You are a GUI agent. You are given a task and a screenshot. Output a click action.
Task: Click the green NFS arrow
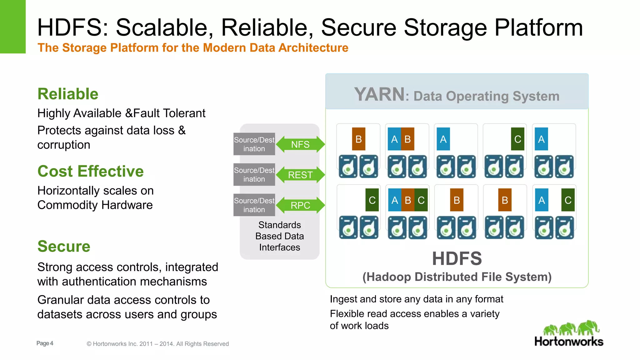[300, 144]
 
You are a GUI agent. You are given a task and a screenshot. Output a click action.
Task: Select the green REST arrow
[300, 175]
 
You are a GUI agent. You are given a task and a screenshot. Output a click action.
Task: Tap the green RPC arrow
[300, 205]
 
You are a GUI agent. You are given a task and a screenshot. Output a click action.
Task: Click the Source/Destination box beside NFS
[254, 144]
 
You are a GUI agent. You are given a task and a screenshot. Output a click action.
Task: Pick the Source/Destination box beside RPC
[254, 205]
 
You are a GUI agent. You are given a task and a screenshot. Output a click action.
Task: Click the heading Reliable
[68, 94]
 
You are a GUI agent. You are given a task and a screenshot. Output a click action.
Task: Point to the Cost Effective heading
[90, 171]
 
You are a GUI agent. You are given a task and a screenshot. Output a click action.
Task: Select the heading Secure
[64, 246]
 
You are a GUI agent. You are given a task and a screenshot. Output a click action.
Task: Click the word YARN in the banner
[379, 94]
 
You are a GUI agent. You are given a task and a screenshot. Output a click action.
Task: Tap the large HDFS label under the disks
[457, 258]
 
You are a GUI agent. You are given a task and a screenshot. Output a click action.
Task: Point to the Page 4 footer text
[45, 343]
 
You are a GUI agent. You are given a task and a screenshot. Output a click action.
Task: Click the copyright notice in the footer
[157, 344]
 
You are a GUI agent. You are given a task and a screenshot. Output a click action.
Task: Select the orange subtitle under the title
[193, 48]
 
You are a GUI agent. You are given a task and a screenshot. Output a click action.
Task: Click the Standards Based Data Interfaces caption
[279, 236]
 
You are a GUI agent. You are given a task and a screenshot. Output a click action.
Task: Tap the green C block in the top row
[517, 139]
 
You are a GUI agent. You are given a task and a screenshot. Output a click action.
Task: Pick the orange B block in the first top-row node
[358, 139]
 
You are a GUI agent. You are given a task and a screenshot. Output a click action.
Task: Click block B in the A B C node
[408, 200]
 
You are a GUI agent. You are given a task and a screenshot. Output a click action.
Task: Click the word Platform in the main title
[538, 27]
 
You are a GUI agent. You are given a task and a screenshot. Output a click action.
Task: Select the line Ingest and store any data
[416, 299]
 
